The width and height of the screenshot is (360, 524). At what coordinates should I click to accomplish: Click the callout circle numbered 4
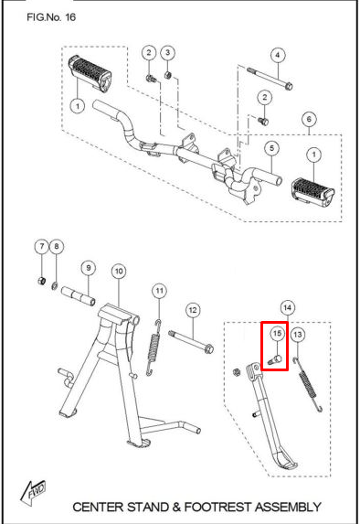click(278, 55)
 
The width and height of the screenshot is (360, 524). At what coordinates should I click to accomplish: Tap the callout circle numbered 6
click(309, 119)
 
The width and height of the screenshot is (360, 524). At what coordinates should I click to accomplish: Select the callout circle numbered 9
click(88, 268)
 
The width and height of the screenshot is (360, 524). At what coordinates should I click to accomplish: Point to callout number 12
click(193, 310)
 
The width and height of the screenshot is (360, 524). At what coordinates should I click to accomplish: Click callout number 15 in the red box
click(277, 334)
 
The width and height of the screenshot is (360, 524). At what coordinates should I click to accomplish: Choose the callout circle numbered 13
click(298, 335)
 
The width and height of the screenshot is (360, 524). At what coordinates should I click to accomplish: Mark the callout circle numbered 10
click(119, 271)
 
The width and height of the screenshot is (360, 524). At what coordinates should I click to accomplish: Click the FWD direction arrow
click(33, 493)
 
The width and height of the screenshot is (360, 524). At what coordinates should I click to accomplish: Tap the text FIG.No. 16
click(51, 17)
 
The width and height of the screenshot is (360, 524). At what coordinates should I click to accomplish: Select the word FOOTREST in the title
click(218, 507)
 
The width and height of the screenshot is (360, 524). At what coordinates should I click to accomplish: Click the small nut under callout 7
click(41, 282)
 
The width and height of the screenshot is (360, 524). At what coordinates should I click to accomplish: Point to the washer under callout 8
click(55, 286)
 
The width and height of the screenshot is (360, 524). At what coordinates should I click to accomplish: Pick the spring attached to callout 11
click(154, 348)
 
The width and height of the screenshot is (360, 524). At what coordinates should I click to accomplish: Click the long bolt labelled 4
click(270, 79)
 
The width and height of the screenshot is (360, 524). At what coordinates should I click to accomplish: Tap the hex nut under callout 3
click(168, 75)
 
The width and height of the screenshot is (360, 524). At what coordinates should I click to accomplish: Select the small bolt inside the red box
click(275, 360)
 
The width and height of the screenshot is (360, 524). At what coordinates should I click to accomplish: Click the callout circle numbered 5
click(271, 148)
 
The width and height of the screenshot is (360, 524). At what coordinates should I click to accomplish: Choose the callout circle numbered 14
click(288, 308)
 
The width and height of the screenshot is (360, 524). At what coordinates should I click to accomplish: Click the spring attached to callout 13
click(308, 384)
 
